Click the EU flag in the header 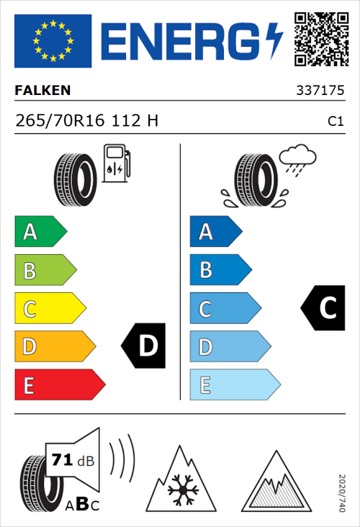point(53,41)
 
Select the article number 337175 point(320,91)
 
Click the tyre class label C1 point(335,122)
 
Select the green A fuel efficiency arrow point(40,232)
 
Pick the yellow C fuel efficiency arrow point(49,310)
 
